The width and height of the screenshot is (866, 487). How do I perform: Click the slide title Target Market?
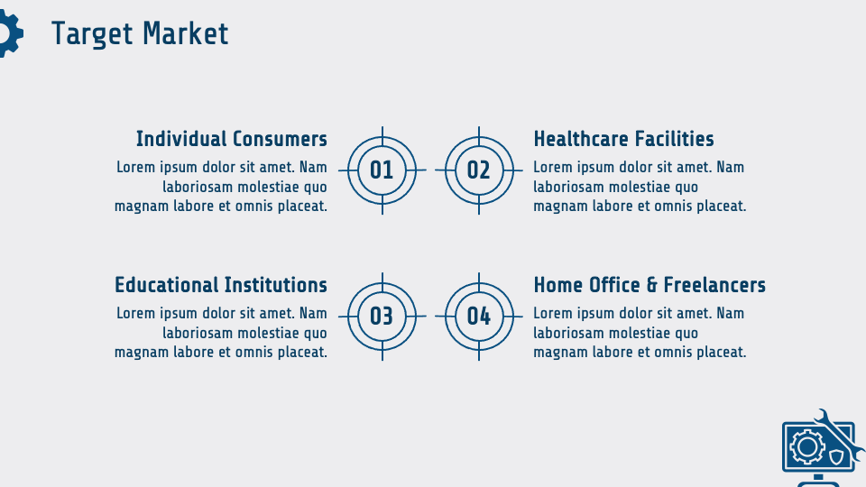(140, 33)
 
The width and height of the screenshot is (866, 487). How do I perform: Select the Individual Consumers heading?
(232, 139)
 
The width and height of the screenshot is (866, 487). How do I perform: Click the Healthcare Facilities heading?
(623, 139)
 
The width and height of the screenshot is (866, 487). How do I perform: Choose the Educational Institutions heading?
(221, 285)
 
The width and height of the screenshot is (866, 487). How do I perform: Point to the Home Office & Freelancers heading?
(649, 285)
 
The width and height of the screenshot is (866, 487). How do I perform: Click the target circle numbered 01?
(382, 170)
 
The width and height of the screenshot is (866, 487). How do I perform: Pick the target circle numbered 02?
(479, 170)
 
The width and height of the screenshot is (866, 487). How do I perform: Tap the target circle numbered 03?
(382, 317)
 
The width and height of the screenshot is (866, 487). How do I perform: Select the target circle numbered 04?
(479, 317)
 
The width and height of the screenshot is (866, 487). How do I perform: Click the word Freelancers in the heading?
(714, 285)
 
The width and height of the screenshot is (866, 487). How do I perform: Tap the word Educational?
(166, 285)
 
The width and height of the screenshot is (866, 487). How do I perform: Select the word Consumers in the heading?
(280, 139)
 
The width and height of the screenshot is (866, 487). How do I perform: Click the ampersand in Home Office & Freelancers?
(651, 285)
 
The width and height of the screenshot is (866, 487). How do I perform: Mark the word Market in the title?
(186, 33)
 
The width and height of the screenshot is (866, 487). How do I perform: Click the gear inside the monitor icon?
(807, 446)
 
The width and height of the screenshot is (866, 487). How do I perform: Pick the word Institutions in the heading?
(276, 285)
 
